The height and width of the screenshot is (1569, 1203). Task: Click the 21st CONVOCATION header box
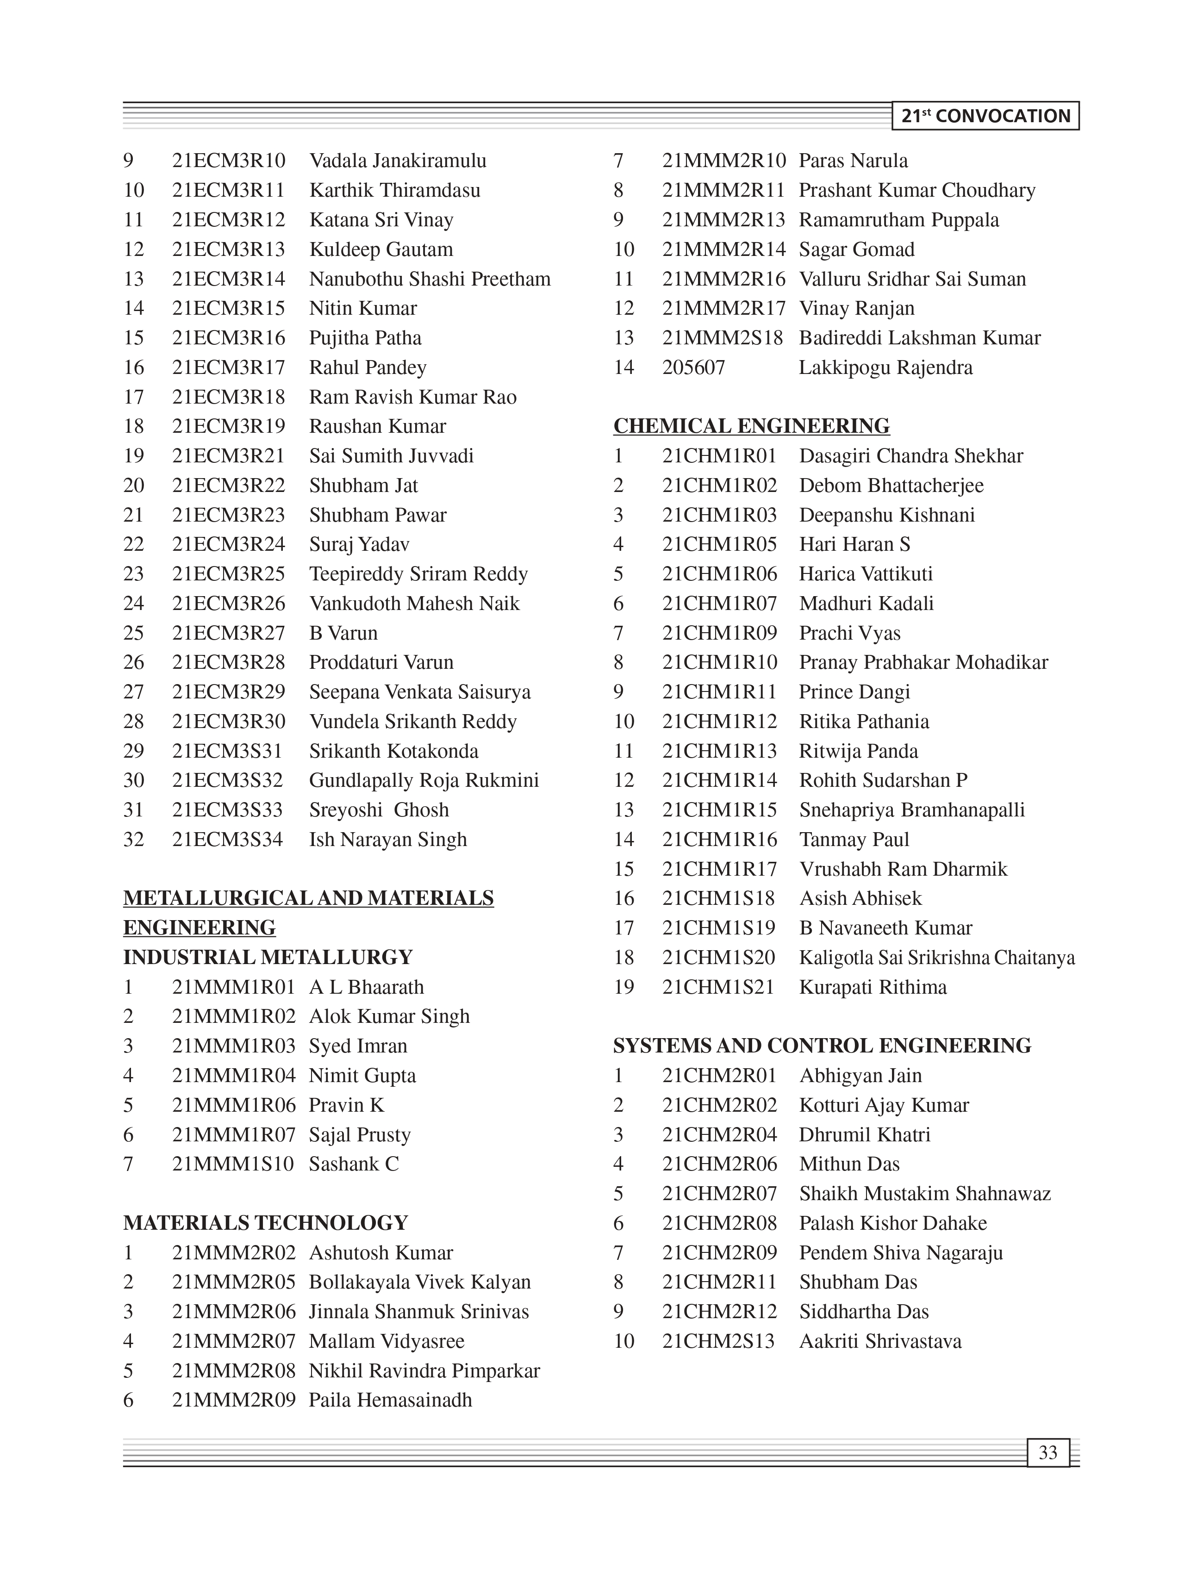coord(985,116)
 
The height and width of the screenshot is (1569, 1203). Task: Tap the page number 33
coord(1047,1452)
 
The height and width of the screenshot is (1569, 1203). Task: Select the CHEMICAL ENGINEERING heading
coord(751,426)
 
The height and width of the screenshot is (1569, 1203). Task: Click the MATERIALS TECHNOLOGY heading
coord(266,1222)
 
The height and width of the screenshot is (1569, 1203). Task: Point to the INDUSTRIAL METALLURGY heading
coord(268,958)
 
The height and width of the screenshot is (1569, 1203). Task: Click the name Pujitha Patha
coord(365,338)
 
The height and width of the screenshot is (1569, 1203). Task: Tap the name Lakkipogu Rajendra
coord(886,367)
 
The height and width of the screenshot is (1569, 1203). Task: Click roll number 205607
coord(693,367)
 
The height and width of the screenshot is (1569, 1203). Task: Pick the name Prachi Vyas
coord(850,633)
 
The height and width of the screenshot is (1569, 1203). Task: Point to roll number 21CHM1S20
coord(718,958)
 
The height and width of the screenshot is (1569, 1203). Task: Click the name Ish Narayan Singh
coord(387,839)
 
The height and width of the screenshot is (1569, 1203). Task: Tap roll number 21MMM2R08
coord(233,1370)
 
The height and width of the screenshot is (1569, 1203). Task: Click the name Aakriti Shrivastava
coord(880,1341)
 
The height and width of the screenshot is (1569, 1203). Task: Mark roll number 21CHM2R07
coord(719,1194)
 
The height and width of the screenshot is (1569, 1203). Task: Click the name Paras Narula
coord(853,161)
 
